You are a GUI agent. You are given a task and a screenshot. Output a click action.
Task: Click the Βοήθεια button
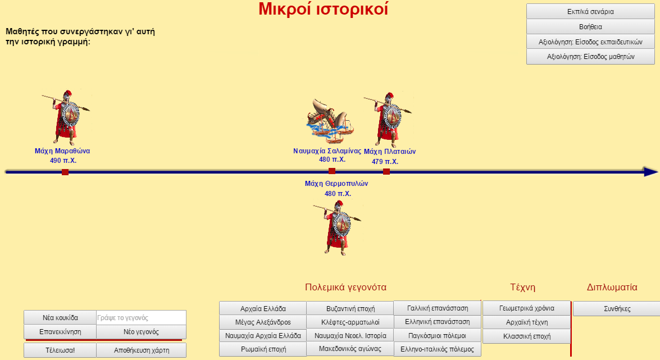(590, 26)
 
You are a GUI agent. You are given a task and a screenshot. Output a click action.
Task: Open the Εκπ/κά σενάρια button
(590, 11)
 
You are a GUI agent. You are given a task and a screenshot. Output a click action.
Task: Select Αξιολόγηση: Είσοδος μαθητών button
(590, 56)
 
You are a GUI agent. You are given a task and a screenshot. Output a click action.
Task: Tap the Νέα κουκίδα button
(60, 317)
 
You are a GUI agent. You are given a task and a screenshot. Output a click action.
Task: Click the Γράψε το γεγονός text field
(141, 317)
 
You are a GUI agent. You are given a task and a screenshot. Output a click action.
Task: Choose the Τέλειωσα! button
(60, 350)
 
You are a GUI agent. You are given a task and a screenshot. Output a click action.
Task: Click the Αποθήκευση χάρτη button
(142, 350)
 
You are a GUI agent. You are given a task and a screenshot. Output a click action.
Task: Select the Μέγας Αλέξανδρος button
(263, 322)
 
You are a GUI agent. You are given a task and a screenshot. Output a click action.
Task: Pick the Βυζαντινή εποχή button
(350, 309)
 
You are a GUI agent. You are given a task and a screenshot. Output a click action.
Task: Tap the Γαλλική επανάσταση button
(438, 308)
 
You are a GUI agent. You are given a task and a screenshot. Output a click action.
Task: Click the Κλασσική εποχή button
(526, 336)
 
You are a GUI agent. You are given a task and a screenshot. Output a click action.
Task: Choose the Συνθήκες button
(617, 309)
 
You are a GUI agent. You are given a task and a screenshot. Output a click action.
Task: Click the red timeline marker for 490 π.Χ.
(65, 172)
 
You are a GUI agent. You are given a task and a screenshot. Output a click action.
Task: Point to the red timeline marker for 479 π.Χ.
(386, 171)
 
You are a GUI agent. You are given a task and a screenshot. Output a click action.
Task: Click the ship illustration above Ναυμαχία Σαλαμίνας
(330, 119)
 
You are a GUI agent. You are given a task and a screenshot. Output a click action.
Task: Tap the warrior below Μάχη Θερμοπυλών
(338, 227)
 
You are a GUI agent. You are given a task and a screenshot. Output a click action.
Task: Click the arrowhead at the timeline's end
(651, 172)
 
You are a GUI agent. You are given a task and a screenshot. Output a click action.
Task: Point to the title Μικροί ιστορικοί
(324, 9)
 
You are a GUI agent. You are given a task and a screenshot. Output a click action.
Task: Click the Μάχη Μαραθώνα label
(62, 151)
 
